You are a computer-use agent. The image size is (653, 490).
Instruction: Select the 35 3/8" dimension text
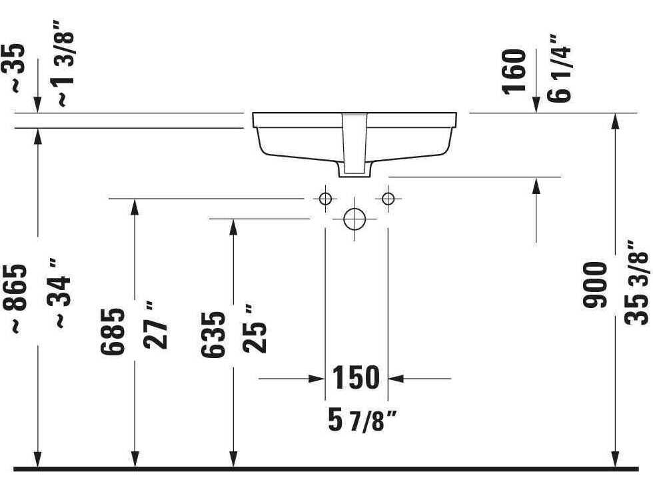coord(636,287)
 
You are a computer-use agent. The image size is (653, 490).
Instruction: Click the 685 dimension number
coord(113,331)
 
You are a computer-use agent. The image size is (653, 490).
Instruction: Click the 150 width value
coord(356,379)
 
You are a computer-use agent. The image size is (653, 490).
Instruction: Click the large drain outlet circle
coord(354,219)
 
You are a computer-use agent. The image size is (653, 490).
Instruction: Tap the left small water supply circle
coord(325,198)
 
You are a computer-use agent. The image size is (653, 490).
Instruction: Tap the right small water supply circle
coord(388,198)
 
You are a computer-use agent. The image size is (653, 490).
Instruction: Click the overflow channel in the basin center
coord(354,143)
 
